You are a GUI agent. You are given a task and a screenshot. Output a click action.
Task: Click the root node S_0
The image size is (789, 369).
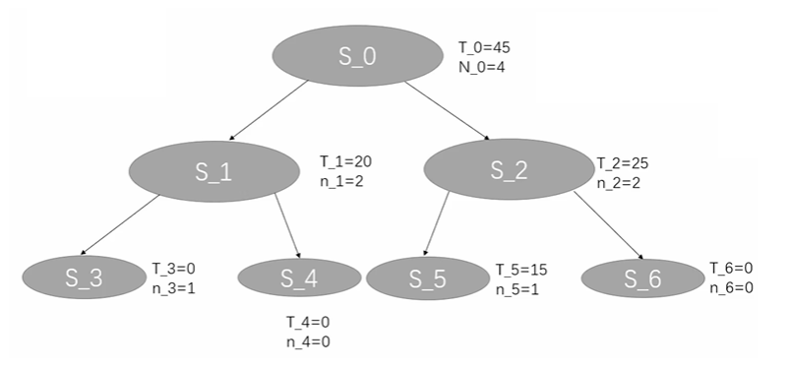click(x=357, y=56)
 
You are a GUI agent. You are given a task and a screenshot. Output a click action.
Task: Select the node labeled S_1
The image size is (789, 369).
click(x=213, y=171)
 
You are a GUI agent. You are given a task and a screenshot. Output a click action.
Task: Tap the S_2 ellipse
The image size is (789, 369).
click(x=509, y=169)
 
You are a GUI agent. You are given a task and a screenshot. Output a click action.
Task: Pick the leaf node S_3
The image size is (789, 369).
click(x=83, y=277)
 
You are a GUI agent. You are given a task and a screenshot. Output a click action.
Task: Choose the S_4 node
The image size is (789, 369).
click(x=299, y=277)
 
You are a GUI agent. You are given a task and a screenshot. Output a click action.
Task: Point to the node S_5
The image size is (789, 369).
click(x=427, y=279)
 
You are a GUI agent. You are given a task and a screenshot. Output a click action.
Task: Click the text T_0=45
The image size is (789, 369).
click(x=484, y=47)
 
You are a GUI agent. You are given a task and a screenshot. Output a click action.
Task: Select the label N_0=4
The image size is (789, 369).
click(x=481, y=67)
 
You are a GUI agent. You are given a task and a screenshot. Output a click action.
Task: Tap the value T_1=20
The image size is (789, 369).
click(x=345, y=161)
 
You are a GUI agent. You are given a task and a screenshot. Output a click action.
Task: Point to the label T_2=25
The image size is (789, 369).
click(x=622, y=161)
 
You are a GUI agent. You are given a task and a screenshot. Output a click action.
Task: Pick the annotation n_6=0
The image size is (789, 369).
click(x=732, y=286)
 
